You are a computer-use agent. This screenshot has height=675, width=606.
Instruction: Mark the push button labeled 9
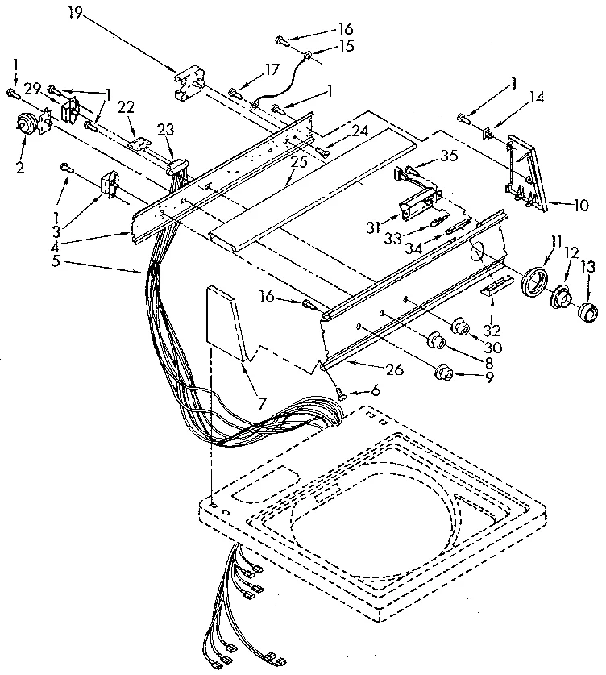point(443,372)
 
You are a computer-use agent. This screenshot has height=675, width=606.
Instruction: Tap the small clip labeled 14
point(489,133)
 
